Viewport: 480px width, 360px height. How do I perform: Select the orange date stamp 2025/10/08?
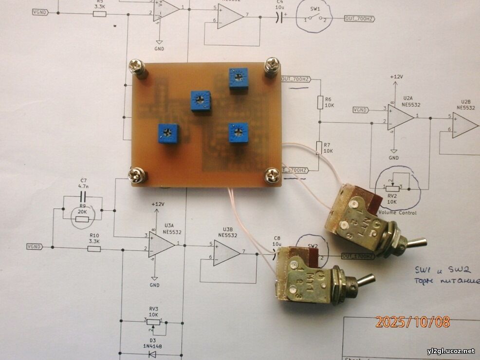pos(412,322)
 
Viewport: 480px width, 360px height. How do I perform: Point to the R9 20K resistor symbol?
pos(82,219)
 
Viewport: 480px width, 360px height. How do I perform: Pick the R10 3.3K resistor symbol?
pos(94,248)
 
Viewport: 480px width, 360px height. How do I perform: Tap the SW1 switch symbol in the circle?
pos(315,19)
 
